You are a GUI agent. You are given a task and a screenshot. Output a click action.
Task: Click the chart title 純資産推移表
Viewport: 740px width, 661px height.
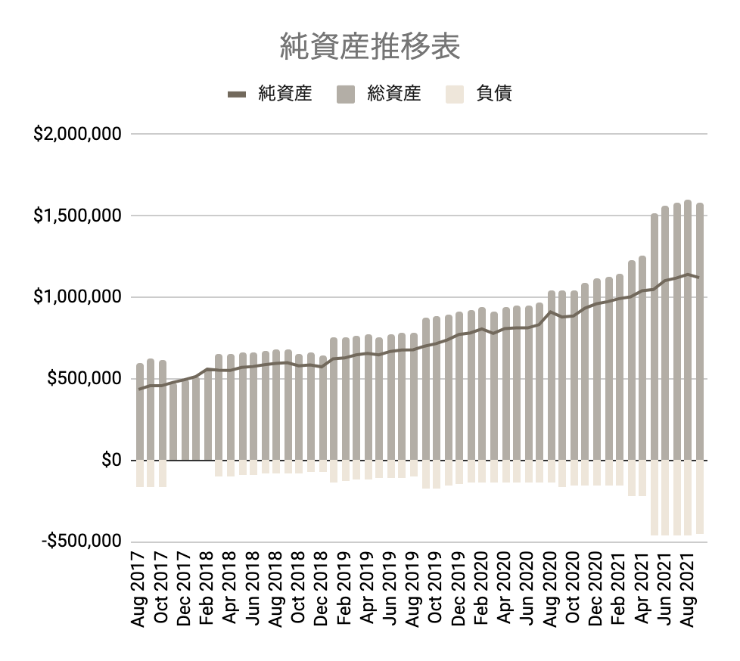(370, 46)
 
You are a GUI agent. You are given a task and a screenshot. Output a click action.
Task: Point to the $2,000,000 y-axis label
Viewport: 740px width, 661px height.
(78, 135)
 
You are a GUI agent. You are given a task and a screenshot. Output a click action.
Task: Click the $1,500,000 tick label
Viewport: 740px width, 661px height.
(78, 216)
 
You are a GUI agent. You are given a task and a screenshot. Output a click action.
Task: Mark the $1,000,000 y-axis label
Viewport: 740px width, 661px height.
(78, 297)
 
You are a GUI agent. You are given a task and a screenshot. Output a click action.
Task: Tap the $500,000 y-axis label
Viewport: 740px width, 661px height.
(84, 379)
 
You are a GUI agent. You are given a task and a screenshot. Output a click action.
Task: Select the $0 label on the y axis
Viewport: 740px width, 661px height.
(110, 461)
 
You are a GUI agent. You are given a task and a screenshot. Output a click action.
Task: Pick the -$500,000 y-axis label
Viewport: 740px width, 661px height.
(81, 542)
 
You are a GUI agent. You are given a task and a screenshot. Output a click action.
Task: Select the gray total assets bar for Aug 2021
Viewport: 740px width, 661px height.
(688, 340)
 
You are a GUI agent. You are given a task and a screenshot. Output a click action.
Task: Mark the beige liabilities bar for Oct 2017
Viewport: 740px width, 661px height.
(162, 473)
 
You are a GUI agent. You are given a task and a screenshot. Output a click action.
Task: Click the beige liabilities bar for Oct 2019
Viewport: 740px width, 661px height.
(437, 474)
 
